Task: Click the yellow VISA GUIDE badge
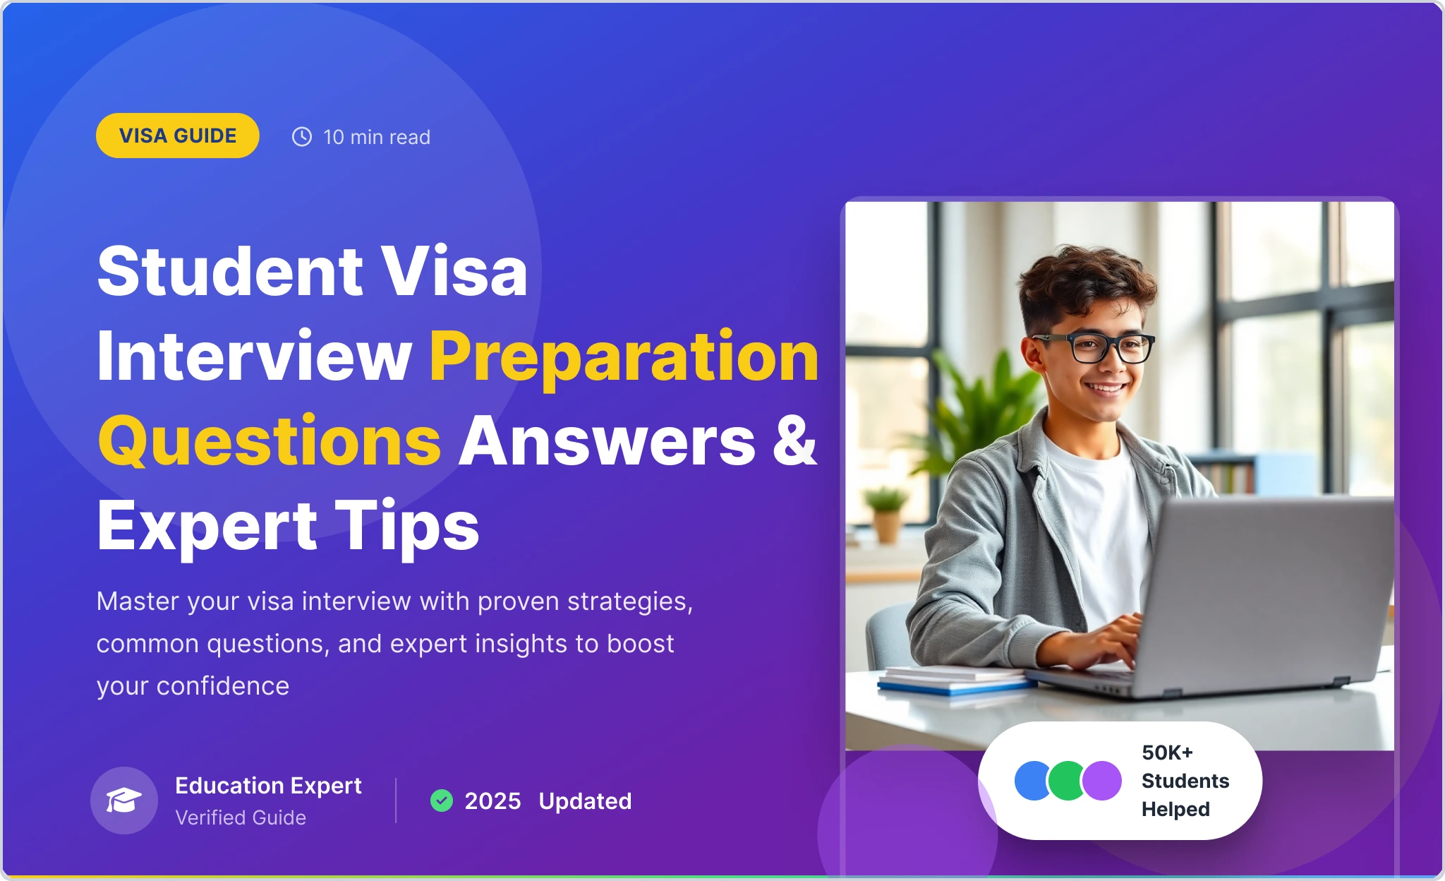click(x=178, y=136)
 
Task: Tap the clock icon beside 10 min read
click(x=302, y=136)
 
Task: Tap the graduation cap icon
click(x=124, y=801)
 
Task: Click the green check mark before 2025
click(x=442, y=801)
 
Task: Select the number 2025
click(x=492, y=801)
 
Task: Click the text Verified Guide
click(x=241, y=817)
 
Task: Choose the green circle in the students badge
click(x=1067, y=781)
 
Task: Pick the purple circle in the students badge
click(x=1102, y=781)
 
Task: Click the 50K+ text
click(x=1167, y=753)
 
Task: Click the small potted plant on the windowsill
click(x=885, y=515)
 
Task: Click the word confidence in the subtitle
click(x=223, y=686)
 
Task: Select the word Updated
click(x=585, y=802)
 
